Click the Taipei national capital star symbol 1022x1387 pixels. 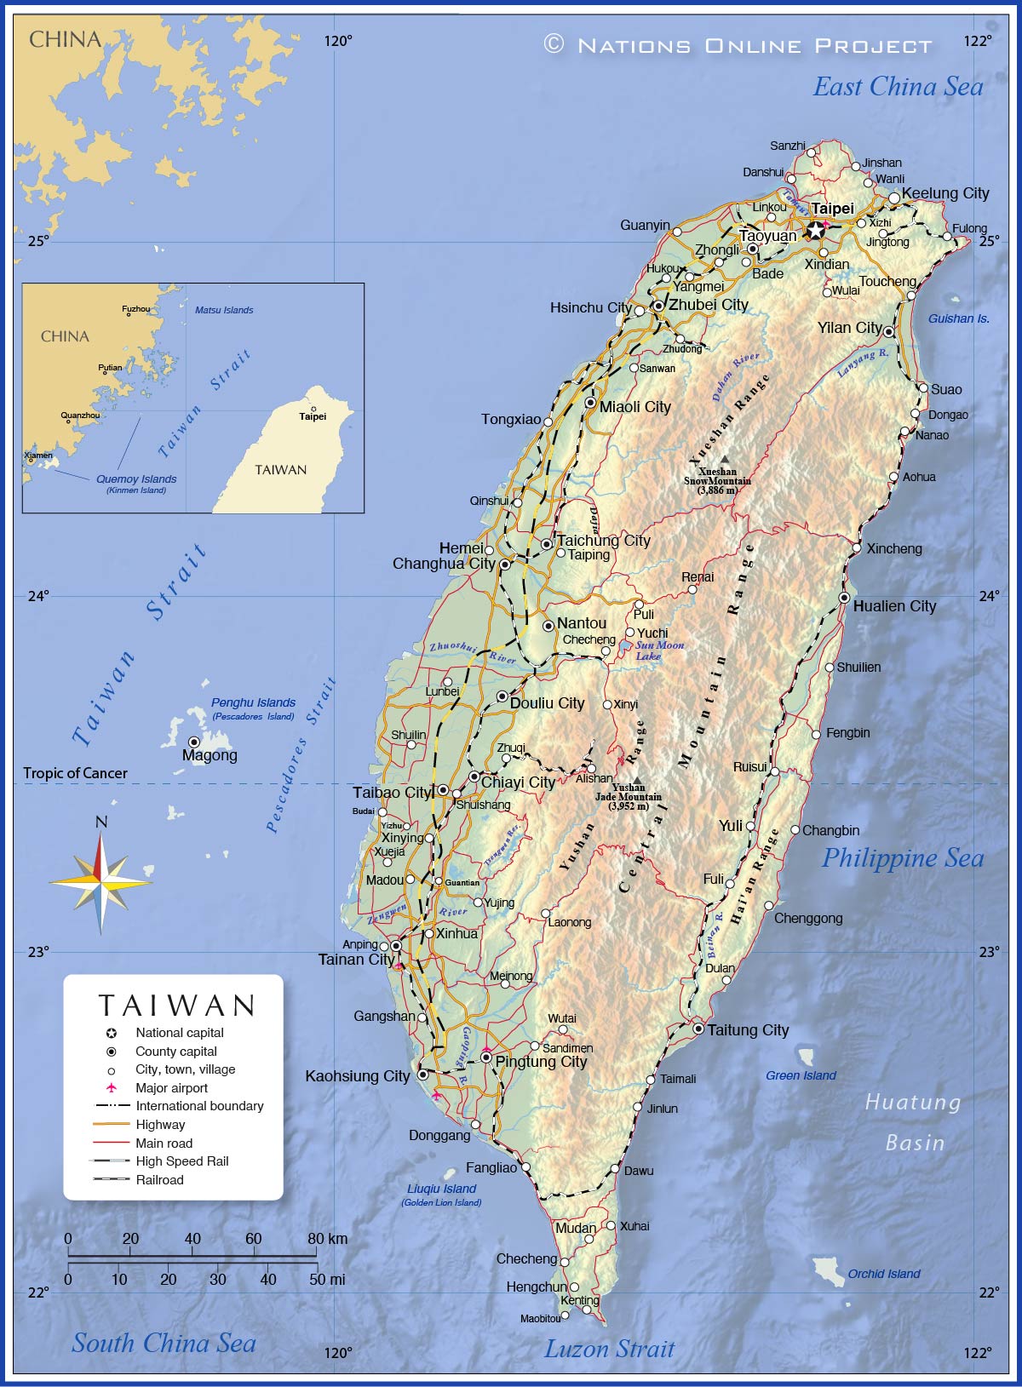click(x=816, y=230)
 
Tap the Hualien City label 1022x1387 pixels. click(x=894, y=606)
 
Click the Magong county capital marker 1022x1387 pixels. click(x=194, y=742)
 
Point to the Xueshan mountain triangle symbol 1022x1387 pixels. click(x=725, y=459)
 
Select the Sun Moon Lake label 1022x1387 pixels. click(x=659, y=651)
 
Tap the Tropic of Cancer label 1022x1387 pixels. click(x=75, y=773)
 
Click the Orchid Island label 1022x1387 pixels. click(x=883, y=1274)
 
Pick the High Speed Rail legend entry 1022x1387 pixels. click(x=181, y=1161)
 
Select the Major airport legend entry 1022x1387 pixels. click(x=171, y=1088)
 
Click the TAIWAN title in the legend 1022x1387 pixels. click(x=176, y=1006)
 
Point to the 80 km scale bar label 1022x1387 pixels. click(x=327, y=1239)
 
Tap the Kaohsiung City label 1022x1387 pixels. click(x=358, y=1076)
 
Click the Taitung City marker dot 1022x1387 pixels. click(x=698, y=1029)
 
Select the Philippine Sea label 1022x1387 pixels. click(x=902, y=858)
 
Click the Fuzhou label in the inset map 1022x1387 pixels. click(x=136, y=309)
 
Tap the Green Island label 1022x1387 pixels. click(x=801, y=1075)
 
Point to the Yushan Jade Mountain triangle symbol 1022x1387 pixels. click(x=636, y=779)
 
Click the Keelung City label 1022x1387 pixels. click(x=945, y=193)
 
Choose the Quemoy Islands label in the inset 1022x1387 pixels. click(x=136, y=479)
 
